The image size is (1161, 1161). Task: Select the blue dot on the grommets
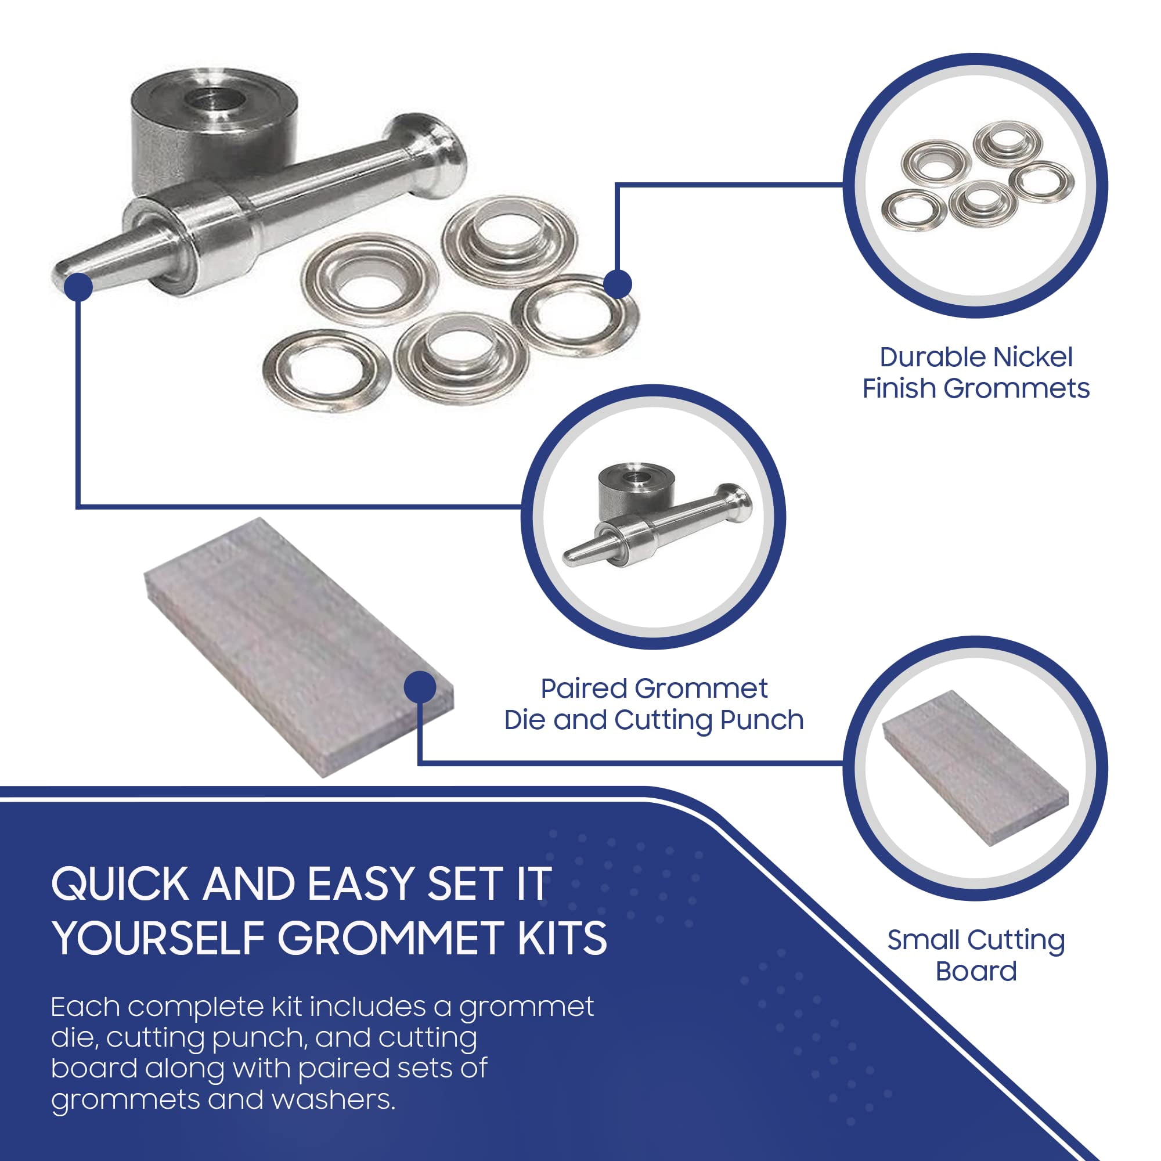617,283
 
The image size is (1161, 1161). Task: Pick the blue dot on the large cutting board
420,687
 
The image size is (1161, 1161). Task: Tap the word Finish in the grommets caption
900,388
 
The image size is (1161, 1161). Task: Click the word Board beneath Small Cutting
976,971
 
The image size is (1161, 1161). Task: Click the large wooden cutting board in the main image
298,648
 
